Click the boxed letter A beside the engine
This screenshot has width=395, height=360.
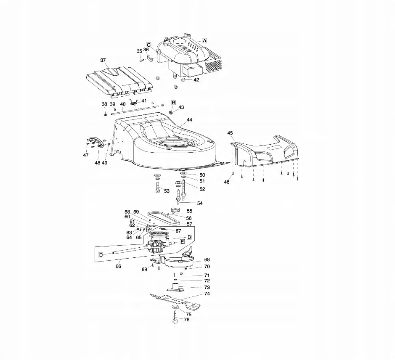(205, 40)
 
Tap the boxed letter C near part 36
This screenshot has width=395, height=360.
(148, 44)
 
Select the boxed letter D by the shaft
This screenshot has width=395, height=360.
(101, 255)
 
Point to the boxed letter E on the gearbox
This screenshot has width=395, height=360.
(182, 242)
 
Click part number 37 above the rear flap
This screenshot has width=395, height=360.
(103, 61)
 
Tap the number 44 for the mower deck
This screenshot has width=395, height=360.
(189, 120)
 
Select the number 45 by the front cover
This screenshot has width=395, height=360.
(230, 133)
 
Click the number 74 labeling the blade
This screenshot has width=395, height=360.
(207, 294)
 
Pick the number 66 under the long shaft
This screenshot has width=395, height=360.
(118, 266)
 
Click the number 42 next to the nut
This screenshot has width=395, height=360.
(196, 80)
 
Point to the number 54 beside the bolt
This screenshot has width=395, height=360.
(200, 203)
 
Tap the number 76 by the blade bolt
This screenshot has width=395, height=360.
(187, 320)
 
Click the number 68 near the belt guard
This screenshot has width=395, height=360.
(207, 260)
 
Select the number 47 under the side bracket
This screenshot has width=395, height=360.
(86, 155)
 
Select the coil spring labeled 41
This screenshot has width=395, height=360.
(134, 101)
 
